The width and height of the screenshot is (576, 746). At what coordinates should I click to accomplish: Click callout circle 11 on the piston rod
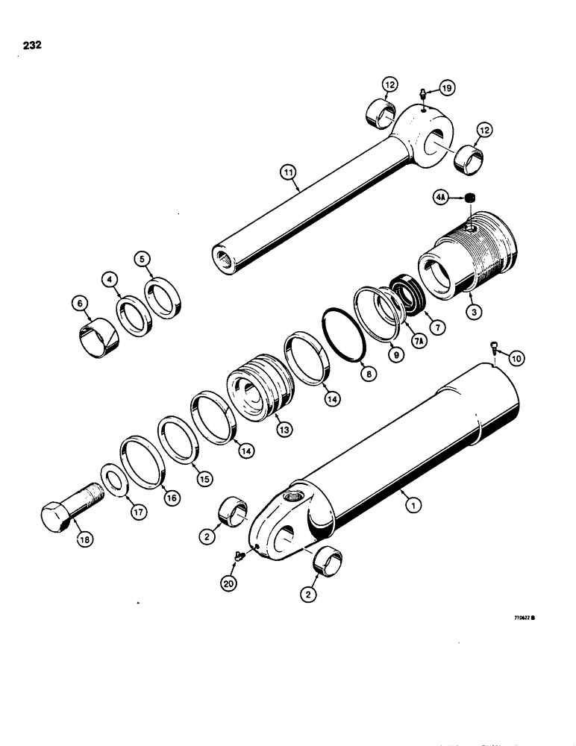(x=287, y=173)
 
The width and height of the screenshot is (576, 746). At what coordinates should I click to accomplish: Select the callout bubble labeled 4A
(x=441, y=198)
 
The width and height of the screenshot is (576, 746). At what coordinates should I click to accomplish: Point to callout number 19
(x=446, y=89)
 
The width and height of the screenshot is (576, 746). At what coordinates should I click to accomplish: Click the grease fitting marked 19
(x=423, y=94)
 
